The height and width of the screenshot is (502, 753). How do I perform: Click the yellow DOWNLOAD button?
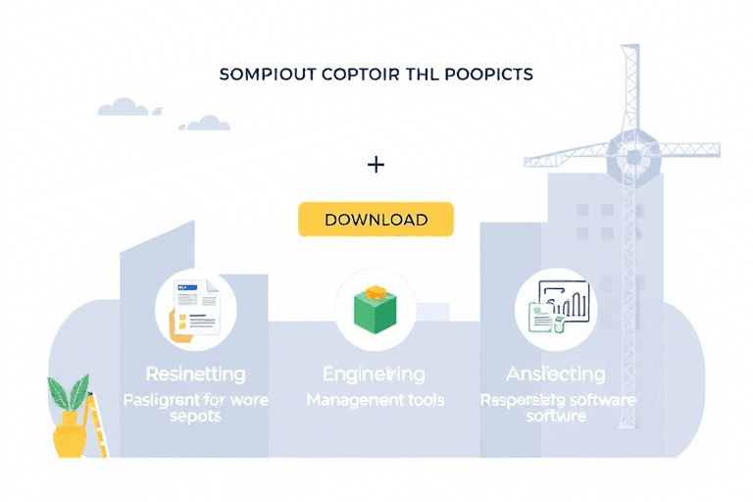coord(376,220)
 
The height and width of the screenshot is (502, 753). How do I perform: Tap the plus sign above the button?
coord(375,164)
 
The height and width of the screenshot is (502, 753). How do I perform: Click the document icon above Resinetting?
coord(194,309)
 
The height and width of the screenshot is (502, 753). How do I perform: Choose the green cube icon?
coord(376,309)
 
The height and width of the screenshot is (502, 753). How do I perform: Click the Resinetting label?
coord(195,374)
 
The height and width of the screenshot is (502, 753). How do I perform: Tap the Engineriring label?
coord(375,374)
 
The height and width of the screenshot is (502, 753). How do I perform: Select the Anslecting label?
coord(556,374)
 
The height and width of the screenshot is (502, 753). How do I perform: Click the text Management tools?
coord(375,400)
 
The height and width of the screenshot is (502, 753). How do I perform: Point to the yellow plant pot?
coord(70,437)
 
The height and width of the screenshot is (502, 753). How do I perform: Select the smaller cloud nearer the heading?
coord(208,124)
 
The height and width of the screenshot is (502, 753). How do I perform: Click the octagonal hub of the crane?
coord(632,154)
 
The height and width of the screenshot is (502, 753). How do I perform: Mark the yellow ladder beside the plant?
coord(98,427)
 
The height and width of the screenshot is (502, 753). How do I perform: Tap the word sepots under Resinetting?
coord(195,416)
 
